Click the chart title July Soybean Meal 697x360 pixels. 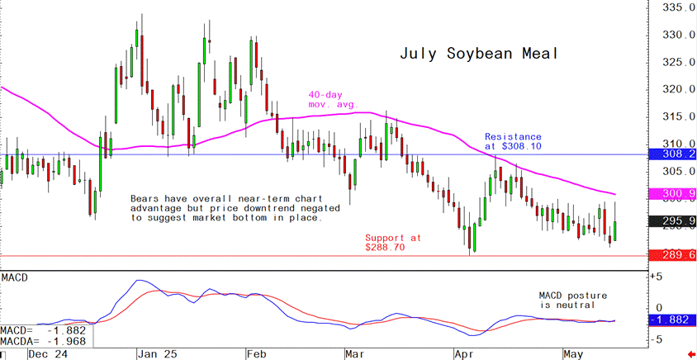click(480, 54)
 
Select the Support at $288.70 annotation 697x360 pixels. click(393, 242)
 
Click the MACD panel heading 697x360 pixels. click(15, 277)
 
